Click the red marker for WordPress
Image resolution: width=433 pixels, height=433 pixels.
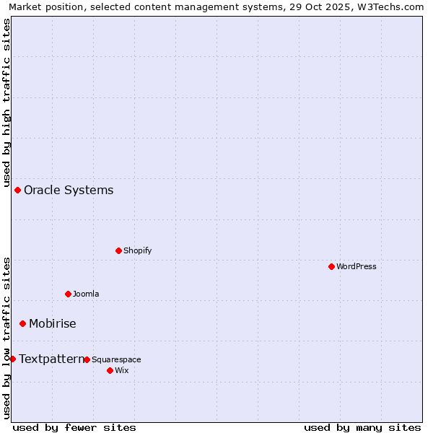(x=331, y=266)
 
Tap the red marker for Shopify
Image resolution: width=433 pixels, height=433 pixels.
(x=118, y=250)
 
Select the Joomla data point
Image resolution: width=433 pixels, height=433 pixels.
(x=68, y=294)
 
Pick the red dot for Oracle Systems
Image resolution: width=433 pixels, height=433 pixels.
(x=17, y=190)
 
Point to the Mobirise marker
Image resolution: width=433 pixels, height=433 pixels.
(x=22, y=323)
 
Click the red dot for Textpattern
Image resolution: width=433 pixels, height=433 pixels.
(x=12, y=359)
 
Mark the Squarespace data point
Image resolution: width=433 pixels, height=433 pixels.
(x=87, y=359)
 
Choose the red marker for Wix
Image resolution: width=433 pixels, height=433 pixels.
(x=110, y=370)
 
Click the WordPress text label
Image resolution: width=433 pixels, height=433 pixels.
(x=357, y=266)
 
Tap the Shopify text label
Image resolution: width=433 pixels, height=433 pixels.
(x=137, y=250)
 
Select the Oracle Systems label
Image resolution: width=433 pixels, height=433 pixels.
(x=69, y=190)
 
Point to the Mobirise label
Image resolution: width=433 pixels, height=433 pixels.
(x=52, y=323)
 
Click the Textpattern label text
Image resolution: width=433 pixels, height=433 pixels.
(x=51, y=359)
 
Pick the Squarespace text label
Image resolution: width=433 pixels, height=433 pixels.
(x=116, y=359)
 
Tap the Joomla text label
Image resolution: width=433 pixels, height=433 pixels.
(x=86, y=294)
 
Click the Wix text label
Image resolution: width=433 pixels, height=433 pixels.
(x=121, y=370)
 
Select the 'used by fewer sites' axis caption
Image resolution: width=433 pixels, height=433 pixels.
(x=74, y=427)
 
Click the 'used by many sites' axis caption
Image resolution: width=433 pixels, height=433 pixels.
(x=362, y=427)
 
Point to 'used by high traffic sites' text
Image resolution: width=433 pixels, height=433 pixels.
(x=6, y=102)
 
